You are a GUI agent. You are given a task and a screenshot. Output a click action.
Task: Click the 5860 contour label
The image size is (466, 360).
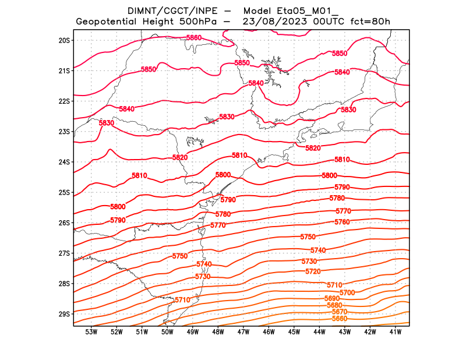(194, 38)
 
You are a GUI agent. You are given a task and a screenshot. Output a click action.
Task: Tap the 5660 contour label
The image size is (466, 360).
(340, 319)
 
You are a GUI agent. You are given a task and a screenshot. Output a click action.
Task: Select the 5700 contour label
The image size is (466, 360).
(347, 292)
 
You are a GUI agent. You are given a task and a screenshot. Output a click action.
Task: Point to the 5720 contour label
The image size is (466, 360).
(313, 271)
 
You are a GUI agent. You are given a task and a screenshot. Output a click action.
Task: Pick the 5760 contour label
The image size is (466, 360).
(342, 222)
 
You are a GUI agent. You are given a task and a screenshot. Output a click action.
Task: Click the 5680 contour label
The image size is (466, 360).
(334, 305)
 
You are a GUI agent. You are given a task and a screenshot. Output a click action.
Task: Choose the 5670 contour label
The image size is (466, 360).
(339, 312)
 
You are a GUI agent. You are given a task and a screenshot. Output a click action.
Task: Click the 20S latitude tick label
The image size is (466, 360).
(64, 40)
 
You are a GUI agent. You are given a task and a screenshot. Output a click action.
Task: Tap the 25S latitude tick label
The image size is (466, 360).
(64, 192)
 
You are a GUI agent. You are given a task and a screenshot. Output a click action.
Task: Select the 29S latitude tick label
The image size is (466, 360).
(64, 314)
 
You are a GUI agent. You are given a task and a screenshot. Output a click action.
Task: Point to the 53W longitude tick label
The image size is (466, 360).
(91, 332)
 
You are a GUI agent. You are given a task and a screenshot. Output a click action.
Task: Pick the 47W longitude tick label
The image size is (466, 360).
(243, 332)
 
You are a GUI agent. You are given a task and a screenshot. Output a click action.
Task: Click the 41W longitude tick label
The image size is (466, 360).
(396, 332)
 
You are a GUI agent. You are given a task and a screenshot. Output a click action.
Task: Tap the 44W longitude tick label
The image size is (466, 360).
(319, 332)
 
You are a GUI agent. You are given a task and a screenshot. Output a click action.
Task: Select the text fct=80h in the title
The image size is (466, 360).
(369, 22)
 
